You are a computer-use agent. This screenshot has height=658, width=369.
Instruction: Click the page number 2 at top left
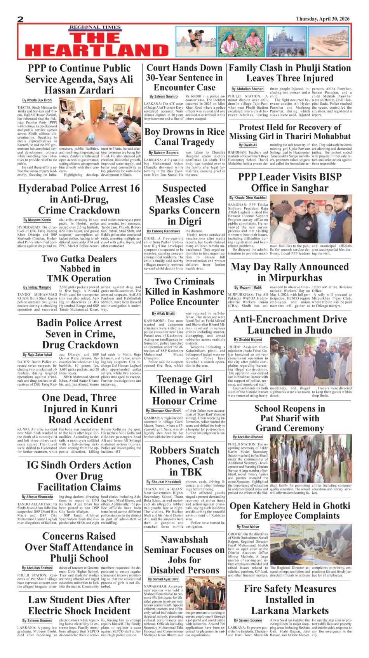tap(21, 19)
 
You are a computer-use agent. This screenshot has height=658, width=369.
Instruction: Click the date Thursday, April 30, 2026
tap(322, 19)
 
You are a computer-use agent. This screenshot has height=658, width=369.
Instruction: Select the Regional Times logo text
tap(95, 28)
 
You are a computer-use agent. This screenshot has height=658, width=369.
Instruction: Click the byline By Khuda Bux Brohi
tap(37, 100)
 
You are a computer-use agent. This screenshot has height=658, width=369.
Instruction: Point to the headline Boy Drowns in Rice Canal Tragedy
tap(184, 137)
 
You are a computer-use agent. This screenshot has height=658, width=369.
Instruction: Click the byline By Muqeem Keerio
tap(37, 220)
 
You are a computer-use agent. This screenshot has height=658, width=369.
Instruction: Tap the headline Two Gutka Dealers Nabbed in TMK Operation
tap(79, 268)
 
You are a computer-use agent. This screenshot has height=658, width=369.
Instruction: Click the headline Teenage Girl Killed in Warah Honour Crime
tap(184, 390)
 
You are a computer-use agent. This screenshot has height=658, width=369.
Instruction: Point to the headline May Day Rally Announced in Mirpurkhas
tap(290, 272)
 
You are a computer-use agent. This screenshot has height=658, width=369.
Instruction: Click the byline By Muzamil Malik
tap(248, 287)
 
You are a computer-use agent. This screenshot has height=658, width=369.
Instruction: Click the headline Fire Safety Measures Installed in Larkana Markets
tap(290, 599)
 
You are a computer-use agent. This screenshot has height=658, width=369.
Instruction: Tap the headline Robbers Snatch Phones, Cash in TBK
tap(184, 461)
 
